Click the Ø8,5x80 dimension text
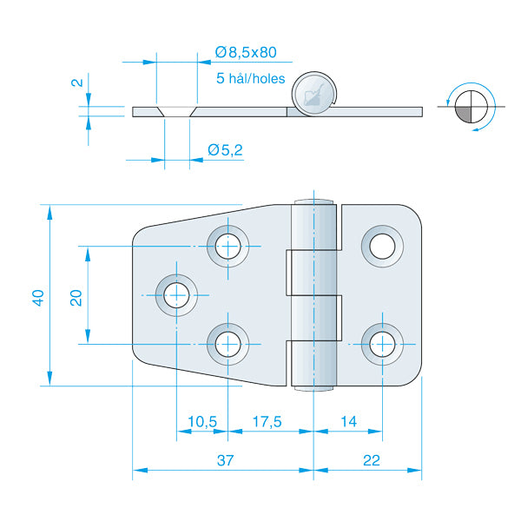coord(252,53)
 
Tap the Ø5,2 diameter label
coord(225,151)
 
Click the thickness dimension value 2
coord(76,84)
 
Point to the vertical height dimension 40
coord(38,297)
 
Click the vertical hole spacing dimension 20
coord(76,297)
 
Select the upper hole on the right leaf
coord(381,246)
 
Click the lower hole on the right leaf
coord(381,344)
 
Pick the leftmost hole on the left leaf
coord(176,294)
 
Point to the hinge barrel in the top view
coord(313,296)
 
